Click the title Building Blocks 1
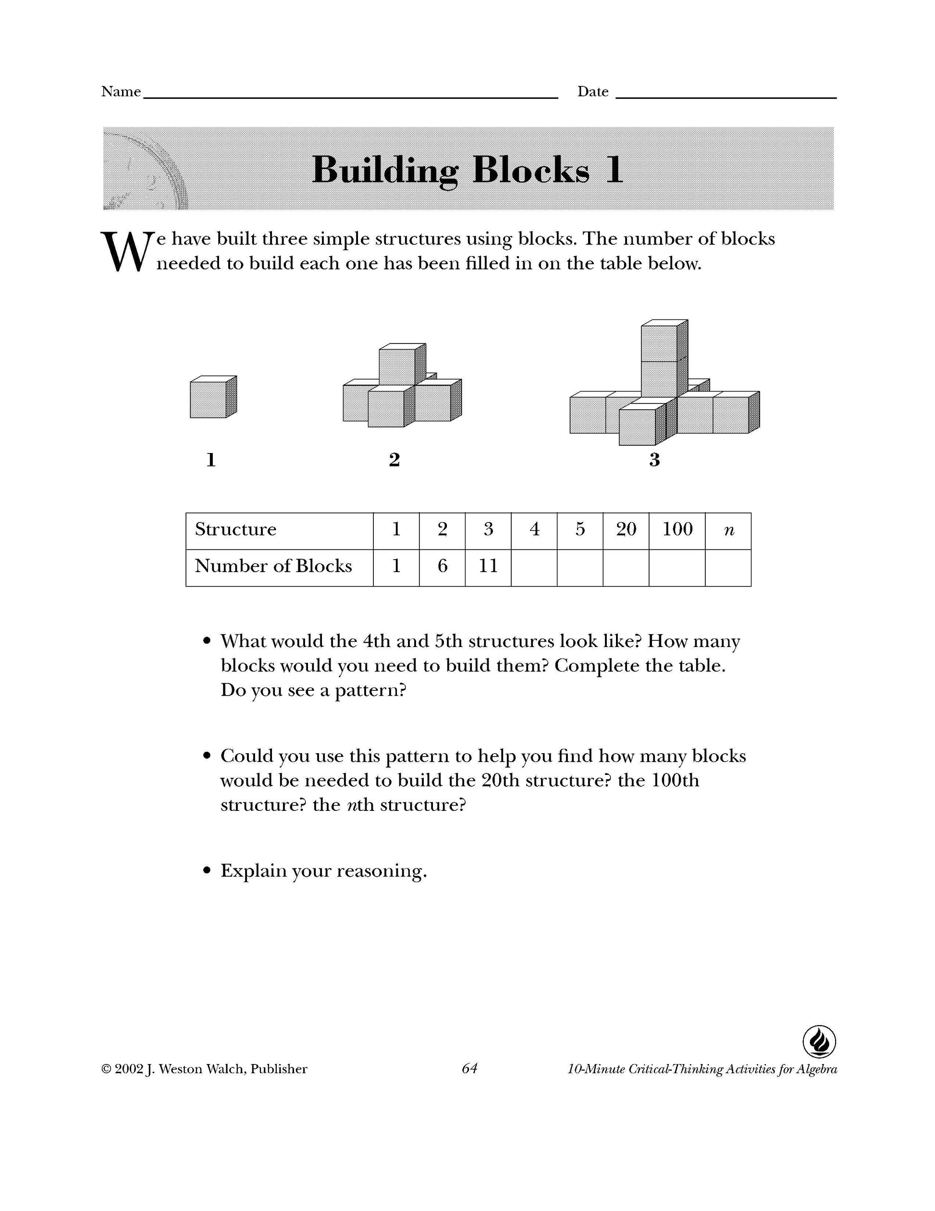tap(467, 169)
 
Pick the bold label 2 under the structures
tap(394, 460)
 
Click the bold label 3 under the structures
tap(654, 460)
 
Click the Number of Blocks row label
tap(273, 566)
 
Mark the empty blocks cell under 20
tap(626, 567)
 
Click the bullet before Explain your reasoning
tap(208, 871)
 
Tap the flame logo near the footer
tap(819, 1042)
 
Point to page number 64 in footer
tap(469, 1068)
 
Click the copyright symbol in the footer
tap(106, 1069)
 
